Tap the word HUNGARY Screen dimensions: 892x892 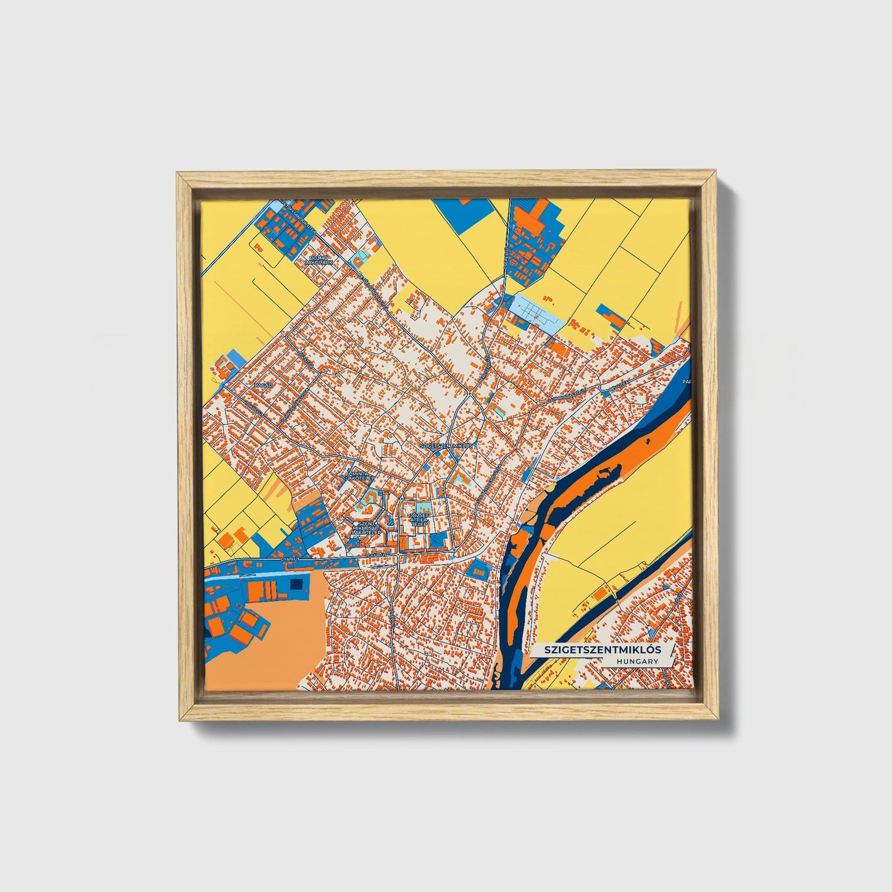click(x=636, y=661)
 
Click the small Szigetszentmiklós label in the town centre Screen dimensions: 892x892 click(x=446, y=445)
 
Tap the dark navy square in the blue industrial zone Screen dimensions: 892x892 click(x=296, y=584)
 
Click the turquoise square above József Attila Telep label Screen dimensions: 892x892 click(x=421, y=507)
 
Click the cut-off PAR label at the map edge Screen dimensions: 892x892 click(x=687, y=382)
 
